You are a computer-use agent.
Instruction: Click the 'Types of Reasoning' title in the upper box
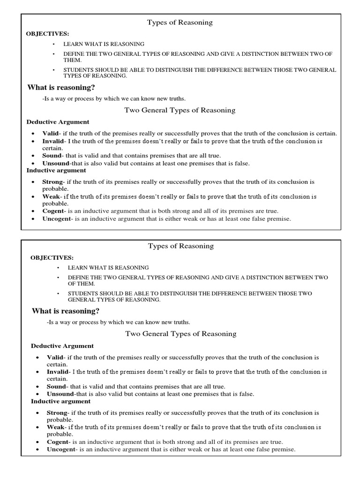coord(180,22)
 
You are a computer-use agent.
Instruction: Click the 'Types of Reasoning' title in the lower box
coord(180,246)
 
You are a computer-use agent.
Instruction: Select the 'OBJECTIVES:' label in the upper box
coord(48,34)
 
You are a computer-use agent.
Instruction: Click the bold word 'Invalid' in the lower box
coord(58,372)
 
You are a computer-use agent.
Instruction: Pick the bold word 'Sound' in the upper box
coord(52,156)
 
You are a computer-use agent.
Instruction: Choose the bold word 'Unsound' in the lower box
coord(59,394)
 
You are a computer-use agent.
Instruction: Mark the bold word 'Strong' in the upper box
coord(52,181)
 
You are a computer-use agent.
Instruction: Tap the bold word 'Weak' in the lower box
coord(55,427)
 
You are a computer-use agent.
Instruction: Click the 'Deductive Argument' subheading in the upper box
coord(58,122)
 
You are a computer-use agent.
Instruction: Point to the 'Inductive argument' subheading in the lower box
coord(61,402)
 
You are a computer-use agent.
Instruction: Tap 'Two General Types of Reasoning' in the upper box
coord(180,111)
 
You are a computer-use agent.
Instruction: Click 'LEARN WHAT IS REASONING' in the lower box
coord(108,268)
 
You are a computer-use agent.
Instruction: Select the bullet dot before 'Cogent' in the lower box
coord(37,442)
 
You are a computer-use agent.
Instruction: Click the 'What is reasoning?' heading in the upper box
coord(61,87)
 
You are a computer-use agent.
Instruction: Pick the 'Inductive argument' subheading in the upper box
coord(56,171)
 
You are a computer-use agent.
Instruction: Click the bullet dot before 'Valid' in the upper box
coord(32,134)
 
